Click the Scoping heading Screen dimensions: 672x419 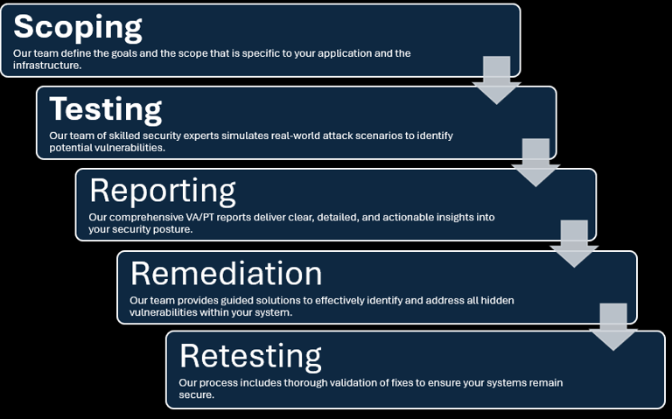78,28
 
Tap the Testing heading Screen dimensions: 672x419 105,110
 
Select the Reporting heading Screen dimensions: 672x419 163,192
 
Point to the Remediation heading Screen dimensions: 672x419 226,273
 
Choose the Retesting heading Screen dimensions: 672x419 250,356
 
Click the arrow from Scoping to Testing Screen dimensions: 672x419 497,80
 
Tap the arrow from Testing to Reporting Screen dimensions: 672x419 535,163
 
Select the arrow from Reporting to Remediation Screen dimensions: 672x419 574,244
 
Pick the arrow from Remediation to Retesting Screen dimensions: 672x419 613,327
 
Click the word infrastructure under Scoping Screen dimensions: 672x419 45,65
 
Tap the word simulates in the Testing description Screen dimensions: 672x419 245,136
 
